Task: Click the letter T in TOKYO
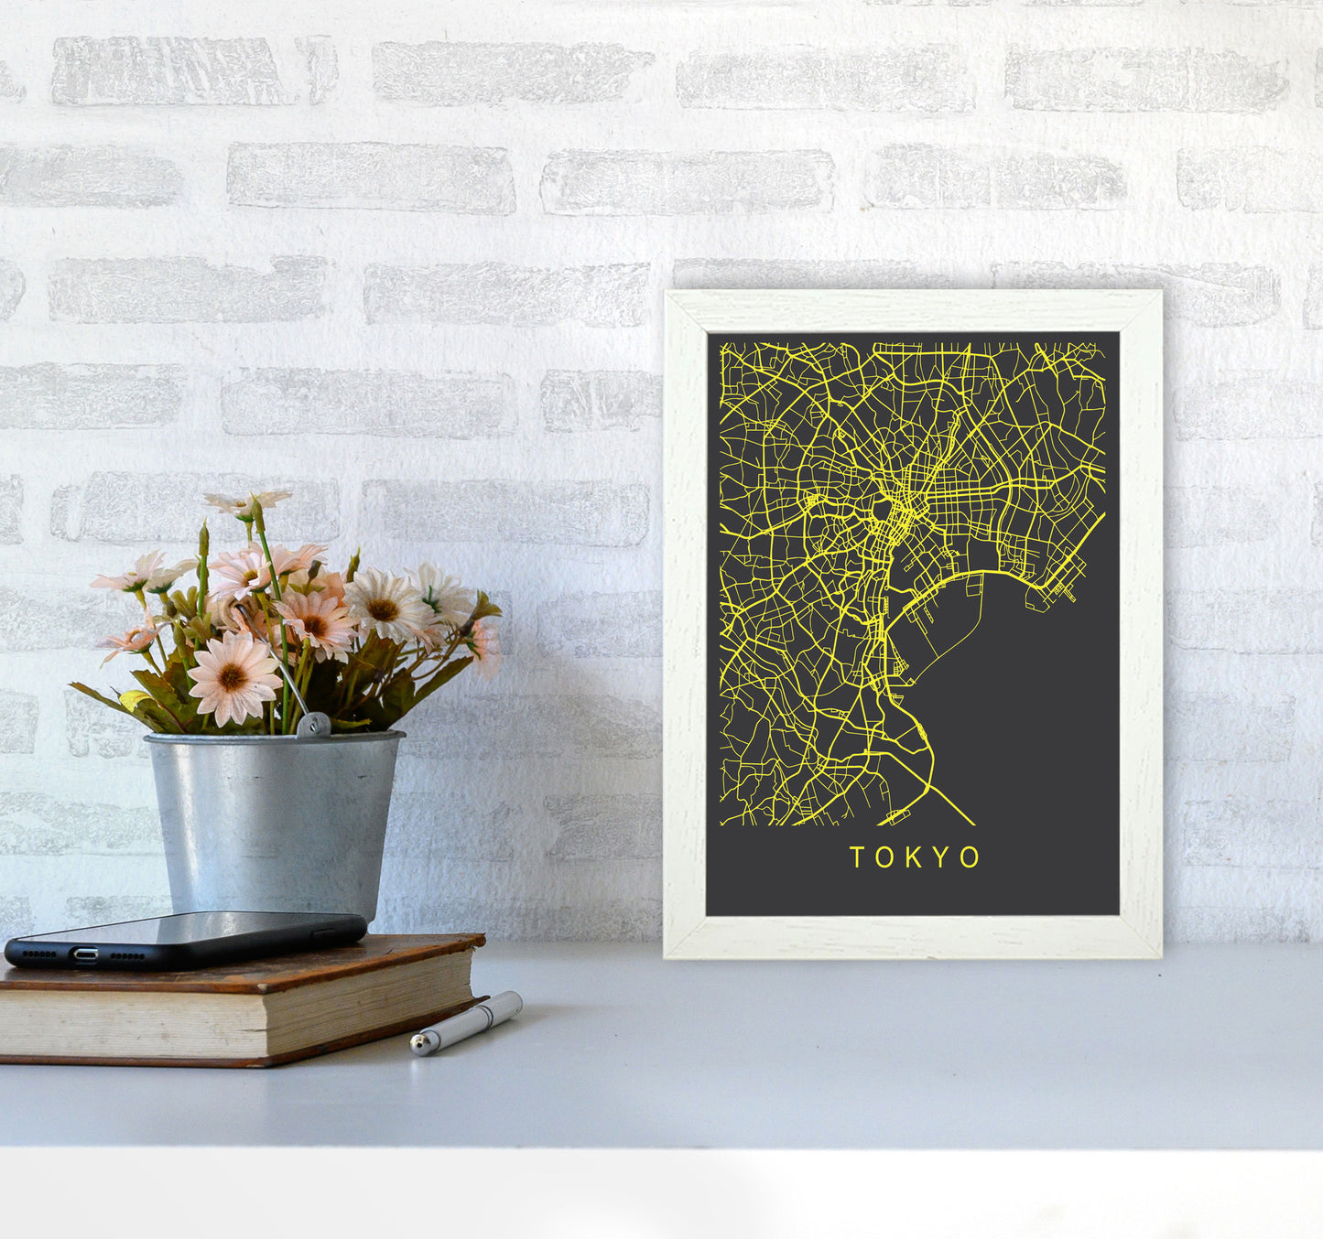[857, 857]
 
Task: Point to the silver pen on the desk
[467, 1023]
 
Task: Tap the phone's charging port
[85, 954]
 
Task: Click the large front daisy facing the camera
[233, 678]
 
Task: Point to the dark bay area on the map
[1025, 714]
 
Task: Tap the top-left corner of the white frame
[668, 295]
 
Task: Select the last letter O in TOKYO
[971, 857]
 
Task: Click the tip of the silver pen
[416, 1045]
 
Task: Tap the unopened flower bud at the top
[203, 541]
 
